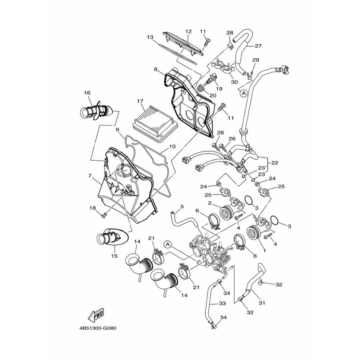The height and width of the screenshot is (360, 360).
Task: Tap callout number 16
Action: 87,93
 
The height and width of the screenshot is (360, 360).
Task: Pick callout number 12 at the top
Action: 188,31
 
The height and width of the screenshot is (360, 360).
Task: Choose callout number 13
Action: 150,37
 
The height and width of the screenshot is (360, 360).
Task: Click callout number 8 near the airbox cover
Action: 155,70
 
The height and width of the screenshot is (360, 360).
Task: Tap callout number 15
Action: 114,256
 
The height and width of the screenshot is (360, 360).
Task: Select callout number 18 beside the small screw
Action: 92,208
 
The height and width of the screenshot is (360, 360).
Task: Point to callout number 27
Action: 258,46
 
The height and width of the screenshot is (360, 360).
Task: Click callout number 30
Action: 234,82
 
